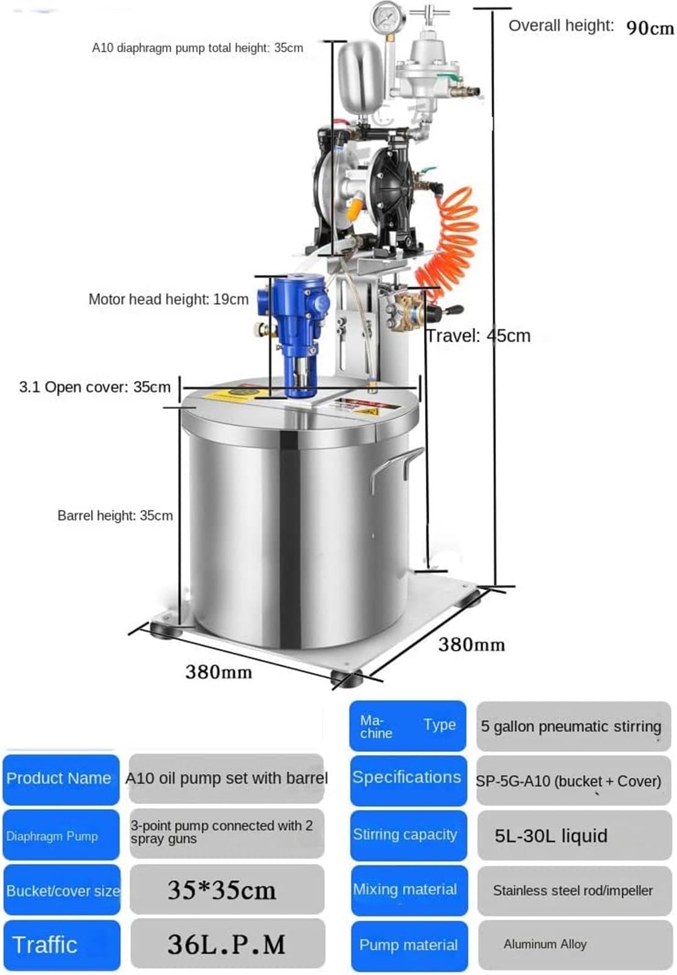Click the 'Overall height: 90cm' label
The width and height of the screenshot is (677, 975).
591,27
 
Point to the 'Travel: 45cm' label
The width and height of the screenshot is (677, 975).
478,336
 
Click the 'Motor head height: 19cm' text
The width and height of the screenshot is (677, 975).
168,299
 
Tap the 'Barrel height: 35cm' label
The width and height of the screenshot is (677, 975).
115,516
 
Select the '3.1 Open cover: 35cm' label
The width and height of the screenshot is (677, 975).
95,387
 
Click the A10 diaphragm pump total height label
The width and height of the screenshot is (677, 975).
198,48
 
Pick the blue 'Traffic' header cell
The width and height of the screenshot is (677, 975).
62,945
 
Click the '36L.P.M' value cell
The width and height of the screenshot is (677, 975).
227,943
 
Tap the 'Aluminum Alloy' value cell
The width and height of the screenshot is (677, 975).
575,945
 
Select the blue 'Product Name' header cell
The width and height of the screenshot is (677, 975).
61,779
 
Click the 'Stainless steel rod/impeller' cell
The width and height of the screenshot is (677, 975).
575,890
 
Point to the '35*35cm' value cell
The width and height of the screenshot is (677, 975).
227,889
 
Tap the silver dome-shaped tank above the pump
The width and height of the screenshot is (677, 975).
361,77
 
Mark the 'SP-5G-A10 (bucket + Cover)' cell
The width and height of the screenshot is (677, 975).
573,780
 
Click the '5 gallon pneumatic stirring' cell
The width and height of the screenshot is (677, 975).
573,726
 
